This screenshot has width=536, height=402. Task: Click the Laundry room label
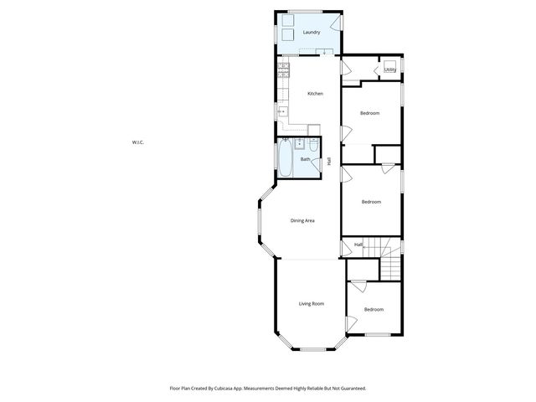[312, 33]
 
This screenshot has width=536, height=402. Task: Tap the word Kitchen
[315, 94]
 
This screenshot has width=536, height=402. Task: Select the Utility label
[389, 70]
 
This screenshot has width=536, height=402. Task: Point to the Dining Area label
[302, 220]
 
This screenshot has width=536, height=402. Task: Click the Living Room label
[311, 303]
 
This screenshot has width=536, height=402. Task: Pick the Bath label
[305, 159]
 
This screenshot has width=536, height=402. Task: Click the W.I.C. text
[138, 142]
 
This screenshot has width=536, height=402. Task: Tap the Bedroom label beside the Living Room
[374, 310]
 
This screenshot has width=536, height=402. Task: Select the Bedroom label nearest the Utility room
[369, 113]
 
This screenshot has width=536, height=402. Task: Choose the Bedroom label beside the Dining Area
[371, 202]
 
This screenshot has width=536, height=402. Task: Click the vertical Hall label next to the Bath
[329, 161]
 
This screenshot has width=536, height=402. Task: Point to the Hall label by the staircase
[358, 245]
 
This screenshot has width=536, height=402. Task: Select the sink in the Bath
[300, 144]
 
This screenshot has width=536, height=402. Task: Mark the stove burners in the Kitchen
[283, 70]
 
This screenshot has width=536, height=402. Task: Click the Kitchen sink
[282, 111]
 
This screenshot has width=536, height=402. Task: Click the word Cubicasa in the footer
[228, 389]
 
